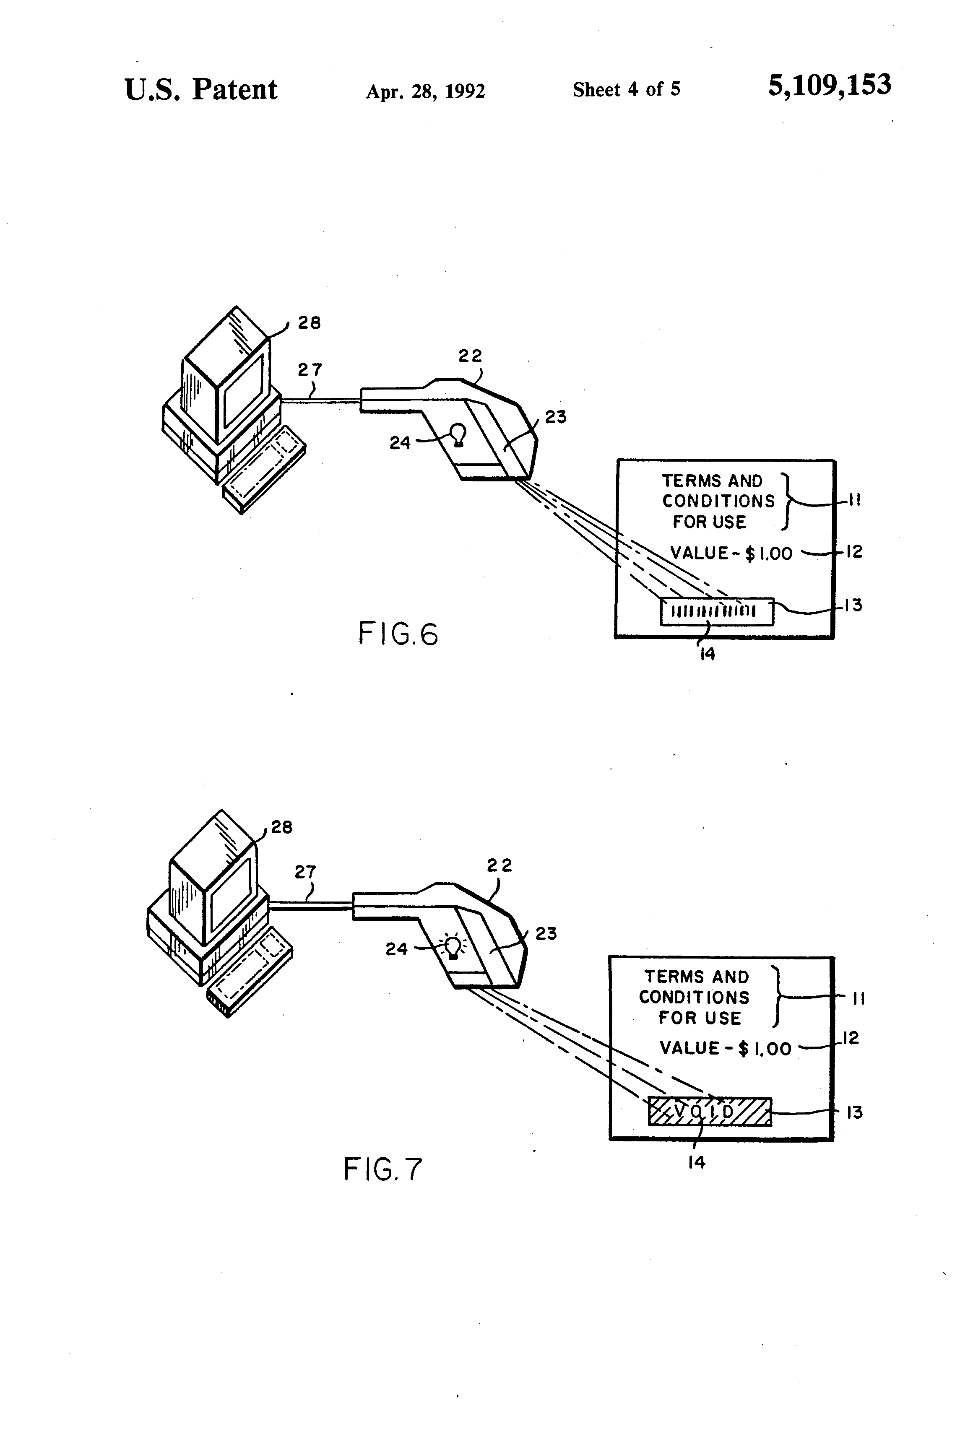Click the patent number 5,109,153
[829, 86]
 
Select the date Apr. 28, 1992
[426, 91]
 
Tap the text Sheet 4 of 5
[627, 90]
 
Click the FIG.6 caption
[398, 634]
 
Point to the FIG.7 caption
[382, 1169]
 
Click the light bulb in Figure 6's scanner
[458, 435]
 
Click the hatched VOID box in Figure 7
[710, 1112]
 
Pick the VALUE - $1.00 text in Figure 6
[731, 553]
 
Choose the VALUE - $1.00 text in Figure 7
[725, 1048]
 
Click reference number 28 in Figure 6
[310, 323]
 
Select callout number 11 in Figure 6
[854, 500]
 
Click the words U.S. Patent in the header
[201, 90]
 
